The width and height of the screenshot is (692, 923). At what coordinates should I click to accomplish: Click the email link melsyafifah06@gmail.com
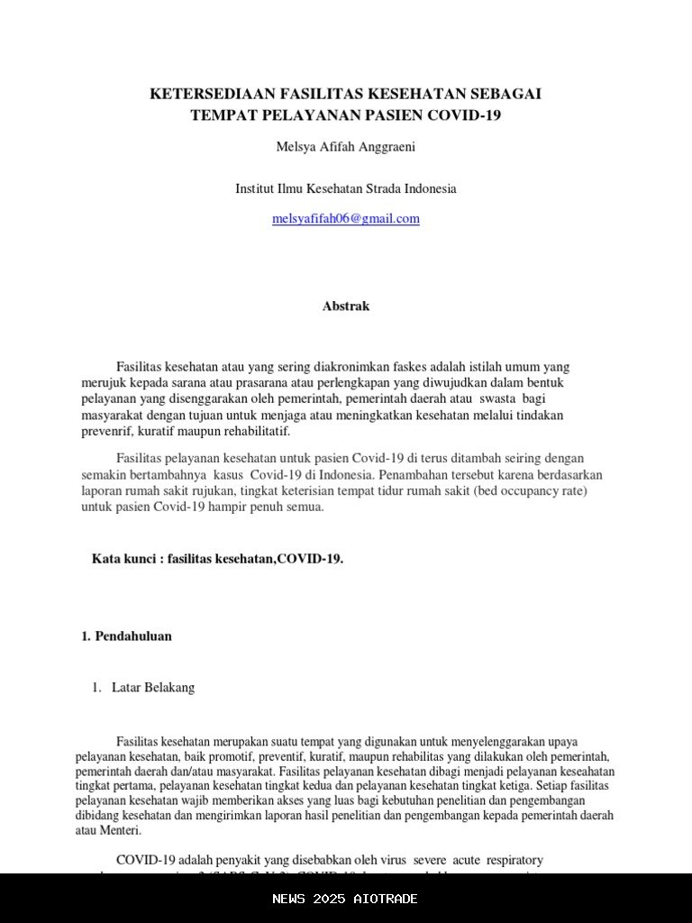tap(346, 219)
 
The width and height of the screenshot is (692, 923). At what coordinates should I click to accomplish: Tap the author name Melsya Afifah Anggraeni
tap(345, 146)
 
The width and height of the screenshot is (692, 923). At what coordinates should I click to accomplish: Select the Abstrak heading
tap(346, 306)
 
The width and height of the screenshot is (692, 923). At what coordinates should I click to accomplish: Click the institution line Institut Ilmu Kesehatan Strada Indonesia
tap(346, 189)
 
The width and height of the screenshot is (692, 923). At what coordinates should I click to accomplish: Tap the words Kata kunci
tap(123, 559)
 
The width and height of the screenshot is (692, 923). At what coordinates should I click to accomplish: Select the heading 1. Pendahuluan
tap(127, 635)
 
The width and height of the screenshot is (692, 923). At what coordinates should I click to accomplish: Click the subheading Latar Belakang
tap(153, 688)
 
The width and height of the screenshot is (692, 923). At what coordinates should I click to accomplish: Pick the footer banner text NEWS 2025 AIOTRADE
tap(346, 899)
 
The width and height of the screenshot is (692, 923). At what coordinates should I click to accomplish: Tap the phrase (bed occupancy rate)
tap(533, 490)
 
